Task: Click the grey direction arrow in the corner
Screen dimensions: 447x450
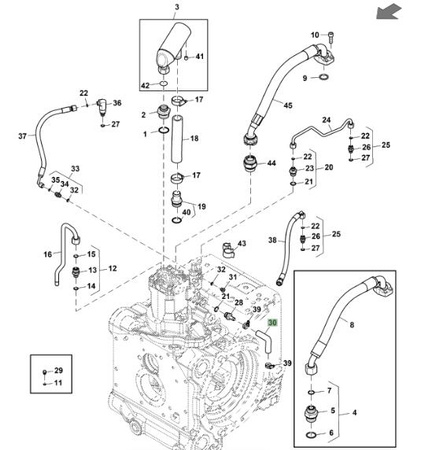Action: pyautogui.click(x=389, y=11)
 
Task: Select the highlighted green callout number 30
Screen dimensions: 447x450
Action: pyautogui.click(x=273, y=323)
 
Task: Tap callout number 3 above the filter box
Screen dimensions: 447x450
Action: pyautogui.click(x=177, y=7)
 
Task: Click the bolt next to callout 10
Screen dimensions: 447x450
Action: pyautogui.click(x=331, y=36)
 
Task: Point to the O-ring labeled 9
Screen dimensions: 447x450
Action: pyautogui.click(x=324, y=78)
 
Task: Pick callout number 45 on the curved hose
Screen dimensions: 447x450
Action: pyautogui.click(x=288, y=105)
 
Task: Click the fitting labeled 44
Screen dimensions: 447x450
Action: pyautogui.click(x=251, y=163)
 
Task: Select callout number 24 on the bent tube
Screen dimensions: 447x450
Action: pyautogui.click(x=327, y=120)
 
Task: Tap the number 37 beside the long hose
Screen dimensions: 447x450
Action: pyautogui.click(x=22, y=136)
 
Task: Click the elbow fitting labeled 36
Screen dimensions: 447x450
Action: pyautogui.click(x=102, y=106)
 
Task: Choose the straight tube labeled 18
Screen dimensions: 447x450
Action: pyautogui.click(x=178, y=139)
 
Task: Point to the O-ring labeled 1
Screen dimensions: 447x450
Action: pyautogui.click(x=163, y=130)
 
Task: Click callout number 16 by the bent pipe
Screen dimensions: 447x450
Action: pyautogui.click(x=48, y=254)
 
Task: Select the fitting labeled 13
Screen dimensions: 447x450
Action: pyautogui.click(x=76, y=271)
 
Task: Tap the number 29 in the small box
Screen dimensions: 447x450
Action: pyautogui.click(x=59, y=370)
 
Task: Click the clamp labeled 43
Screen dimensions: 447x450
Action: pyautogui.click(x=228, y=250)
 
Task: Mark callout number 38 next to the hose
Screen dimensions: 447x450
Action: pyautogui.click(x=273, y=240)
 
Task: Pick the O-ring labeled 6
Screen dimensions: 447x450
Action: pyautogui.click(x=312, y=435)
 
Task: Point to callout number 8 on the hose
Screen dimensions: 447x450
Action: pyautogui.click(x=352, y=324)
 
